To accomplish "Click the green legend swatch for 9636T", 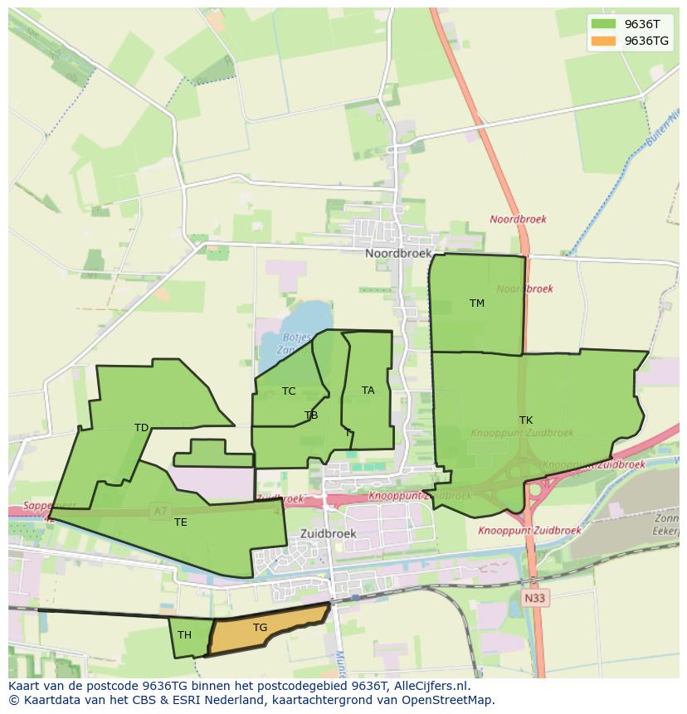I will tap(603, 24).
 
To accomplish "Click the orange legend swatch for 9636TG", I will tap(603, 41).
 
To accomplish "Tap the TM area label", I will tap(477, 304).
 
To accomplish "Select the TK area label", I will tap(526, 420).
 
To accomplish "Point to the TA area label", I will tap(368, 391).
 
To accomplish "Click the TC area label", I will tap(289, 391).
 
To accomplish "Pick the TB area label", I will tap(311, 415).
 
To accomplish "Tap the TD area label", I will tap(142, 428).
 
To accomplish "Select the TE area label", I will tap(181, 522).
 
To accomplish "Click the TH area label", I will tap(184, 635).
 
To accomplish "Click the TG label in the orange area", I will tap(261, 628).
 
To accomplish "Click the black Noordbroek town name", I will tap(398, 254).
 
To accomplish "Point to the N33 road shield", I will tap(536, 596).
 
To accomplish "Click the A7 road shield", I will tap(160, 512).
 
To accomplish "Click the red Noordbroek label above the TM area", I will tap(518, 220).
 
